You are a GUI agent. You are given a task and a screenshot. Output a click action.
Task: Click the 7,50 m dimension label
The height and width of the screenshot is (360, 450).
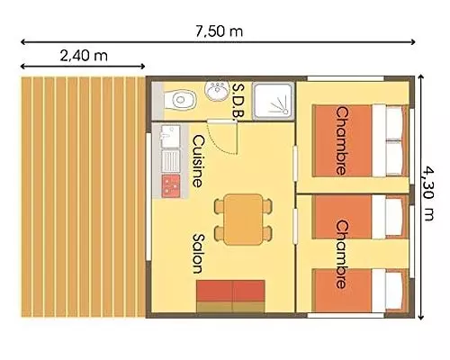point(219,31)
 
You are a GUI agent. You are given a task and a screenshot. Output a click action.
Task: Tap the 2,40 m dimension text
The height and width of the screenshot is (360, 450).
point(84,56)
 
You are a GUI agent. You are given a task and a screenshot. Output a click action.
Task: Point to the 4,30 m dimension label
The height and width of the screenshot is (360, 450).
point(428,193)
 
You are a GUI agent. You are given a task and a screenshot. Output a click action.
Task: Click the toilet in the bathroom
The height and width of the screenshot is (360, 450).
point(180,99)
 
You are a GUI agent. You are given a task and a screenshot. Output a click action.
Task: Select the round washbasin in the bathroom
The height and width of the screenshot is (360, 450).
point(216,90)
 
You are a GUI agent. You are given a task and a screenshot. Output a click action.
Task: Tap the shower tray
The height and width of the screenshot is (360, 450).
point(273,101)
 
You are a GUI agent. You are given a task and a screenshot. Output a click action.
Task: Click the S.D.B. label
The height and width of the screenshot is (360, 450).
point(239,101)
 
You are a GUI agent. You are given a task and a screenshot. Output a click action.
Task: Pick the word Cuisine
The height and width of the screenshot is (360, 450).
point(198,161)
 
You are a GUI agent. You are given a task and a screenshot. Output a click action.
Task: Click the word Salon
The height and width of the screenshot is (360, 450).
point(198,254)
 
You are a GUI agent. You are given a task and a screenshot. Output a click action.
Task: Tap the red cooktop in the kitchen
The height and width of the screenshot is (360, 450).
point(171,186)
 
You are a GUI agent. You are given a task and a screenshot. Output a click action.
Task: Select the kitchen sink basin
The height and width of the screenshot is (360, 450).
point(171,137)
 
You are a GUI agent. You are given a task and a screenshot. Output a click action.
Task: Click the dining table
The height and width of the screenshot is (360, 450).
point(243,220)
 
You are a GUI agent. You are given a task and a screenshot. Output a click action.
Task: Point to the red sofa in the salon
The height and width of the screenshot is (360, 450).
point(230,296)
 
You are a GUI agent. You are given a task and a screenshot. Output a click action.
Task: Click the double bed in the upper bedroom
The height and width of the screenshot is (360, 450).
point(360,140)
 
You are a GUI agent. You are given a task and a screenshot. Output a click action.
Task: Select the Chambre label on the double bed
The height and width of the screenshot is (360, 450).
point(342,140)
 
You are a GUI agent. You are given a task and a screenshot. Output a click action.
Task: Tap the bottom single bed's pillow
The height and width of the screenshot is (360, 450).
point(393,291)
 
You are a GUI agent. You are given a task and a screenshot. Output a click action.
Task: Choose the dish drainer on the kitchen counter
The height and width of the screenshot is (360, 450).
point(171,161)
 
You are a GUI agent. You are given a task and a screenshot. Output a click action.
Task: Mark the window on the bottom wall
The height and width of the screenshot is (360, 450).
point(346,315)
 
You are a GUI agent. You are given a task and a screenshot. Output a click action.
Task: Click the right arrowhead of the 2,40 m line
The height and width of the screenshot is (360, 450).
point(143,67)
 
